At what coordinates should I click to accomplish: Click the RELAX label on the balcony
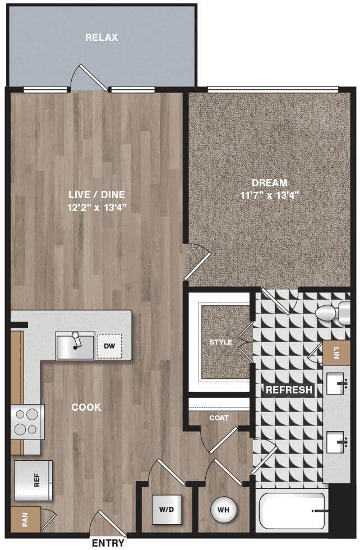(101, 38)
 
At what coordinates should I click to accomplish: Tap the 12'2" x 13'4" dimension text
(97, 207)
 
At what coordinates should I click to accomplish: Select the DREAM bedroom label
(269, 183)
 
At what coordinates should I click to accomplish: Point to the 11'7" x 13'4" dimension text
(269, 195)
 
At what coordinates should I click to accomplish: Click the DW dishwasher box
(109, 346)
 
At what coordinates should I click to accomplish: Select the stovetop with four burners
(27, 421)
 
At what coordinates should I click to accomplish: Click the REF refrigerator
(34, 480)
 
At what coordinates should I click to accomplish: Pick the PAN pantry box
(25, 519)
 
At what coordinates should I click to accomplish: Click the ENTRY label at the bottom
(108, 543)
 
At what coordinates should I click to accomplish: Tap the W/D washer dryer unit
(167, 510)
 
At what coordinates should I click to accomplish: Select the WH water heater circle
(224, 510)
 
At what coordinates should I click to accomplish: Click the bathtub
(292, 511)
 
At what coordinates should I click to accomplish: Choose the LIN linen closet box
(336, 352)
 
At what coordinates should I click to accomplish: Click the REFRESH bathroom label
(289, 389)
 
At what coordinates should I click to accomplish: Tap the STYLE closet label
(221, 342)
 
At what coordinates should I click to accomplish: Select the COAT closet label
(219, 418)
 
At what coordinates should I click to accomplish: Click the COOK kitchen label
(86, 407)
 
